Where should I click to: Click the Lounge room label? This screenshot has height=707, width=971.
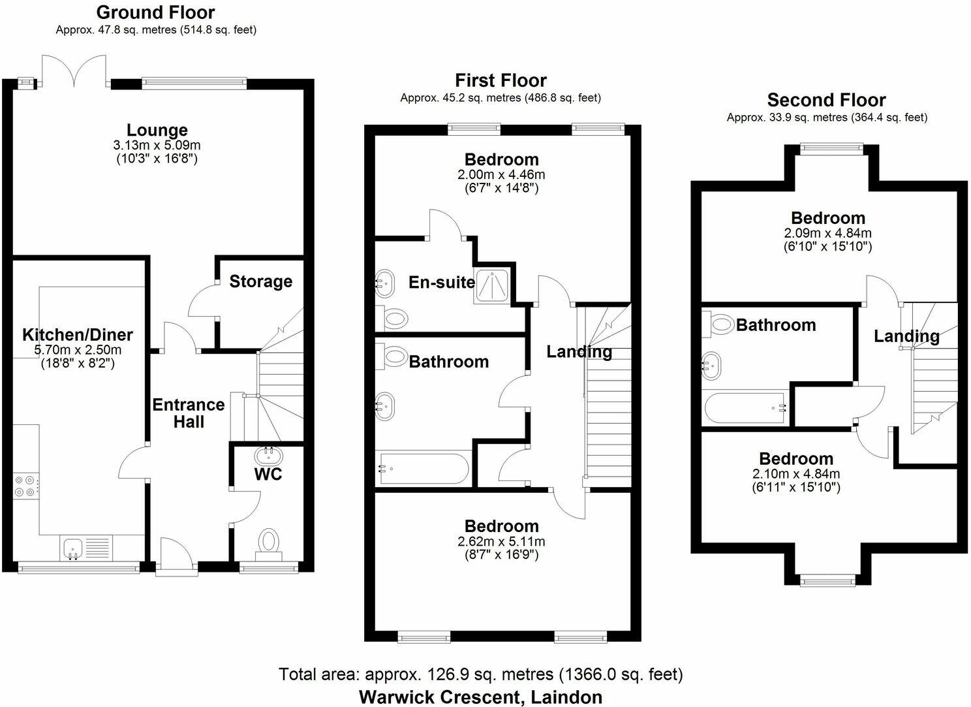[157, 130]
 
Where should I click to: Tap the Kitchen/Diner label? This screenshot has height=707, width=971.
[78, 335]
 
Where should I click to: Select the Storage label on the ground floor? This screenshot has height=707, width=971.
[260, 281]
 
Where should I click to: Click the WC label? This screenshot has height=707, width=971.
[268, 473]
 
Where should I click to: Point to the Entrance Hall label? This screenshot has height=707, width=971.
[189, 413]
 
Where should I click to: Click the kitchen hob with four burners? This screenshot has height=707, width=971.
[26, 487]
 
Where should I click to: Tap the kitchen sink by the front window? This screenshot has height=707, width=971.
[72, 547]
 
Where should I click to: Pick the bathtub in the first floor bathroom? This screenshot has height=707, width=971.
[423, 469]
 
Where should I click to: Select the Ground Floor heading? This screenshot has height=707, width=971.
[155, 12]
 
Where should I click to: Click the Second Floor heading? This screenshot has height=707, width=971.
[826, 100]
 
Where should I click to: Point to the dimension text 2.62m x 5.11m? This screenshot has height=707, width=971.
[501, 541]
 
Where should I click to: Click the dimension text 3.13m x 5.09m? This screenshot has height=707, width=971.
[157, 144]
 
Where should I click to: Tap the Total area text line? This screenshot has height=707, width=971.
[481, 674]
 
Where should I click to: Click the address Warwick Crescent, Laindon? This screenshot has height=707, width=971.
[481, 697]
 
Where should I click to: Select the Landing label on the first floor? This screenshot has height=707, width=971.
[579, 352]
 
